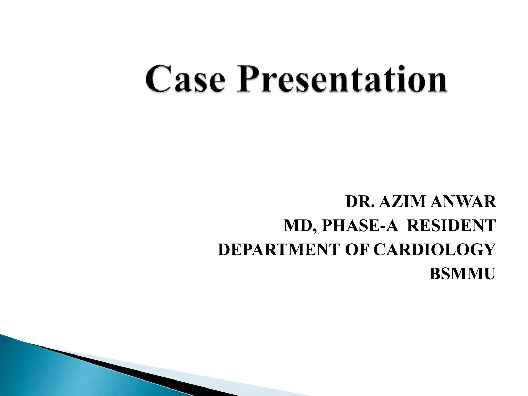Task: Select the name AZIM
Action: click(x=402, y=202)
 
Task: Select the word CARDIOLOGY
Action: click(x=434, y=250)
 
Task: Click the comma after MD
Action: click(x=315, y=230)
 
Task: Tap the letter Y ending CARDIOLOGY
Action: click(x=488, y=250)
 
